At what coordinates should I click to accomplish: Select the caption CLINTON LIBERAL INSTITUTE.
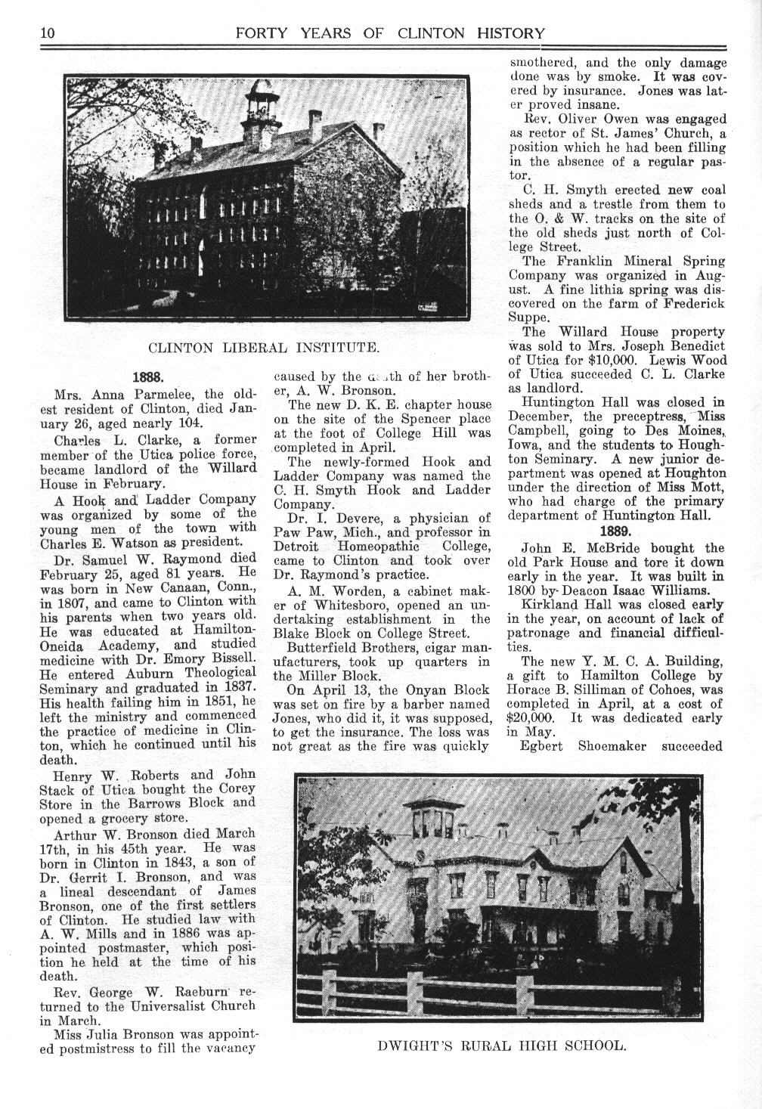pos(264,348)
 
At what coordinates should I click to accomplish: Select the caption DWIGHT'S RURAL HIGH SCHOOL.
pos(502,1046)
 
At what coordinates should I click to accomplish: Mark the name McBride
pos(607,548)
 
